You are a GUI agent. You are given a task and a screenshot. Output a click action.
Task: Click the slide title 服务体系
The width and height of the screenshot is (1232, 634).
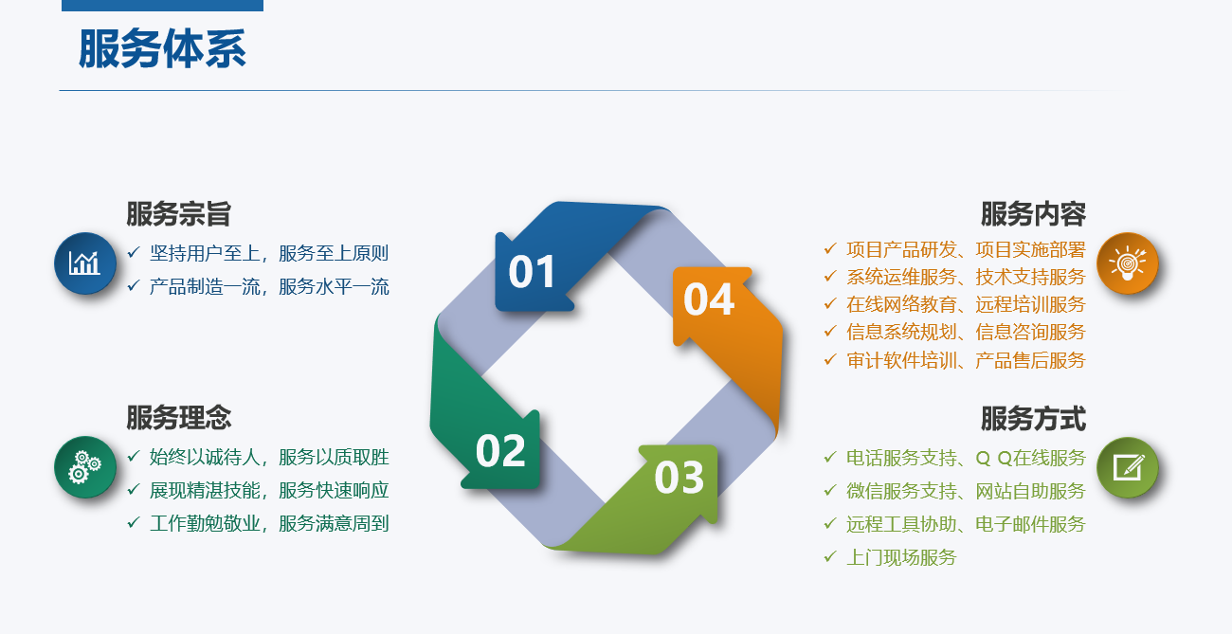(x=162, y=49)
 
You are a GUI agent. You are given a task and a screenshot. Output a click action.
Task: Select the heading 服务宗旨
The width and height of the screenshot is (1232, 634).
(x=179, y=213)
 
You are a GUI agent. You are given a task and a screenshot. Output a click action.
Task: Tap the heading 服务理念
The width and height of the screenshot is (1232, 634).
(x=179, y=417)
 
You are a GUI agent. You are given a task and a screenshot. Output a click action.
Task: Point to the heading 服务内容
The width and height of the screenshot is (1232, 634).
(x=1033, y=213)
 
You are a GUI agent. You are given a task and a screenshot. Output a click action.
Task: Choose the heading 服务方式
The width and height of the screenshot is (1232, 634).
(x=1033, y=419)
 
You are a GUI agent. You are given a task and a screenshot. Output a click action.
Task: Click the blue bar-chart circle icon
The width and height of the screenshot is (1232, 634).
(x=85, y=263)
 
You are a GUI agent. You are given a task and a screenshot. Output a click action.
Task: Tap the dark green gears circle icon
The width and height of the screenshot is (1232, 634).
(x=85, y=467)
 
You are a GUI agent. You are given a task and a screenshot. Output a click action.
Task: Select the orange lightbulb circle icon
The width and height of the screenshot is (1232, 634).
(x=1128, y=263)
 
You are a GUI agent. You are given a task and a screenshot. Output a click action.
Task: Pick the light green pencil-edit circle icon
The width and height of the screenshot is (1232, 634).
(x=1128, y=467)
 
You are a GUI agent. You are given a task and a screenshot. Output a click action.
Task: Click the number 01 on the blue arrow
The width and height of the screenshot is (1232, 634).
(x=532, y=272)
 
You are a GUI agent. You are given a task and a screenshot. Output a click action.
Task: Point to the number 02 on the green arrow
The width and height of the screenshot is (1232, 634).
(x=500, y=451)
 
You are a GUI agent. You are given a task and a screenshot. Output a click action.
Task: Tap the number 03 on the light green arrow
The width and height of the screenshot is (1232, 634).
(x=679, y=477)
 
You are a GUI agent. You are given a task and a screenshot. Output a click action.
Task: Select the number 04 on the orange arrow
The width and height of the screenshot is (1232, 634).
(x=709, y=299)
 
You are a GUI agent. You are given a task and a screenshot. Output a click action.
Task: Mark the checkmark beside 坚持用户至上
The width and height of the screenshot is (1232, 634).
(x=134, y=252)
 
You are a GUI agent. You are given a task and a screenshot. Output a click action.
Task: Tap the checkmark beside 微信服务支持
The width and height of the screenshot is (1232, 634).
(x=830, y=490)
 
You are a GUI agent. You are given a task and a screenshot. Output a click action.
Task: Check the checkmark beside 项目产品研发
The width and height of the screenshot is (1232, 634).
(x=830, y=249)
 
